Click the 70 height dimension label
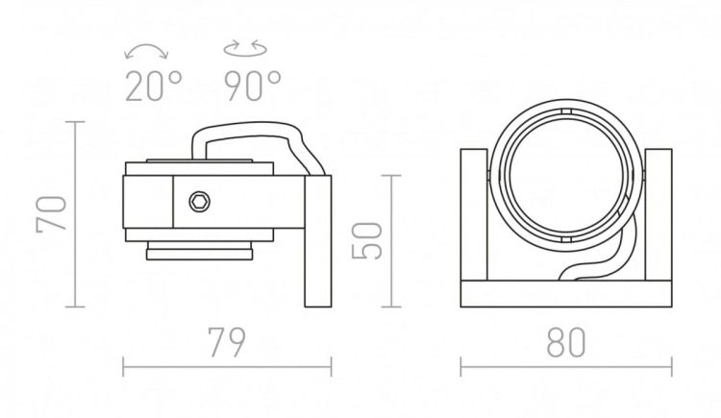click(x=52, y=213)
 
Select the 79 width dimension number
click(x=227, y=343)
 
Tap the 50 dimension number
click(x=367, y=241)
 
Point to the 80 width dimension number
click(x=566, y=343)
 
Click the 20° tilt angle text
click(x=154, y=86)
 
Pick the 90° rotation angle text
click(x=253, y=86)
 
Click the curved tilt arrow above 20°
click(x=147, y=50)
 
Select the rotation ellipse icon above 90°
click(x=245, y=49)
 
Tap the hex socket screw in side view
click(x=200, y=202)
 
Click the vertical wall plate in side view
click(x=318, y=241)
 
